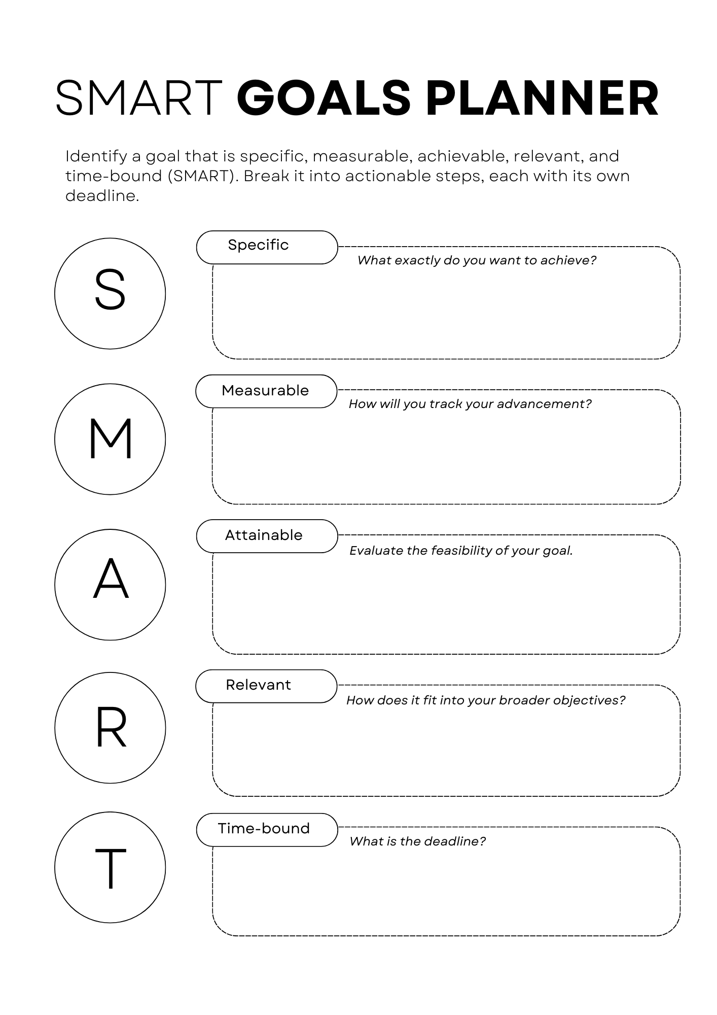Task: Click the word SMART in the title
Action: tap(138, 98)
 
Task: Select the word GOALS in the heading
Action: tap(324, 98)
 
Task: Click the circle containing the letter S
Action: tap(110, 293)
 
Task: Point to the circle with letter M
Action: tap(110, 439)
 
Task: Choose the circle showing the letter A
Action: tap(110, 585)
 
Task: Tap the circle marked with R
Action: tap(110, 728)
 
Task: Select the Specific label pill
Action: tap(267, 247)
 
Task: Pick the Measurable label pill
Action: tap(266, 391)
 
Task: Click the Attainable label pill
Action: tap(267, 536)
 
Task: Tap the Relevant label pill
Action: tap(266, 686)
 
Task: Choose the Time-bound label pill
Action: tap(267, 829)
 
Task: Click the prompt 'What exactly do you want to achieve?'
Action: tap(477, 260)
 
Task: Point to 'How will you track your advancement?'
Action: tap(470, 404)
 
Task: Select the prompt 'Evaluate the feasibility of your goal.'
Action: tap(461, 551)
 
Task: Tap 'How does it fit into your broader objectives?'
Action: tap(486, 700)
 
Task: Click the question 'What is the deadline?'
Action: tap(417, 841)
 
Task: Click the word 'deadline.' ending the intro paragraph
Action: tap(102, 196)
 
